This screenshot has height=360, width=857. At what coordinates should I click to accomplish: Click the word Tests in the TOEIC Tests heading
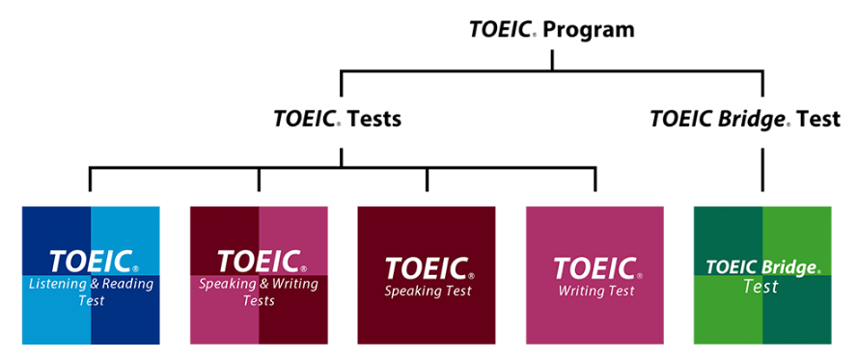(x=373, y=121)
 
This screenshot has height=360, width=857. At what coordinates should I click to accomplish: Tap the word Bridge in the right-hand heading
(x=757, y=120)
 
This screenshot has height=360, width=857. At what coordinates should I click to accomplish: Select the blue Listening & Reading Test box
(x=91, y=275)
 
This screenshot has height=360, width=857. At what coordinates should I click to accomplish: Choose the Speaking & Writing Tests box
(x=259, y=275)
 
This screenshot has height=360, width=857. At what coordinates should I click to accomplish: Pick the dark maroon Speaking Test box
(x=427, y=275)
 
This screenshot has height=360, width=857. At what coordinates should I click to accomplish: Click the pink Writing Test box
(x=594, y=275)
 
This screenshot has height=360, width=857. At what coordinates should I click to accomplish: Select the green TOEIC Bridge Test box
(x=762, y=275)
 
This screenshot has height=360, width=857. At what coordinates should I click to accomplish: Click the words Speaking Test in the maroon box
(x=426, y=291)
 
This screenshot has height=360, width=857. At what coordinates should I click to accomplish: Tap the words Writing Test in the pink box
(x=595, y=291)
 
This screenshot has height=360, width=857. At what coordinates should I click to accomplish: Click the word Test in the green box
(x=761, y=288)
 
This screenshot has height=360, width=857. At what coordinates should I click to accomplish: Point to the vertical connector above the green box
(x=762, y=169)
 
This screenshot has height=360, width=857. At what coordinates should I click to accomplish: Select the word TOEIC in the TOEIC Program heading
(x=500, y=30)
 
